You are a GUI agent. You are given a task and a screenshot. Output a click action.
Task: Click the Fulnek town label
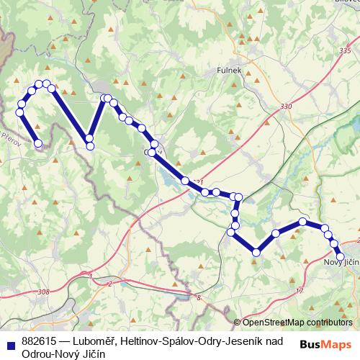pos(228,71)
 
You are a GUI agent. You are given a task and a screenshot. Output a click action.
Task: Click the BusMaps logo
pos(325,344)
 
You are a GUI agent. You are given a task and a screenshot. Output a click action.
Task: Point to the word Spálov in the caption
pos(179,341)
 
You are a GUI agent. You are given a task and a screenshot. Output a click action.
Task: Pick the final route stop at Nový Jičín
pos(341,256)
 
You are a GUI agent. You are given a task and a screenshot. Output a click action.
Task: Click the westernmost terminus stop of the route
pos(38,143)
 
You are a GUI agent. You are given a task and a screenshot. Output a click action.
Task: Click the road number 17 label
pos(300,291)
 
